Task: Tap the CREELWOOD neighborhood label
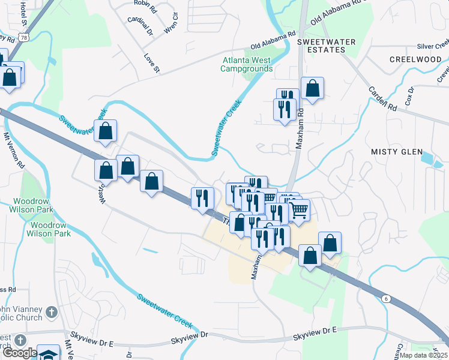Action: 415,59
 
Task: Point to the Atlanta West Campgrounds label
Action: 246,64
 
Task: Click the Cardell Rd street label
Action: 383,99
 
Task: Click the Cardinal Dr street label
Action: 140,24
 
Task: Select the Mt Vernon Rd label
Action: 13,150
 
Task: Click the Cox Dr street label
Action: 411,97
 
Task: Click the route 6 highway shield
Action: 386,298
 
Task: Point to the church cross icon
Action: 52,312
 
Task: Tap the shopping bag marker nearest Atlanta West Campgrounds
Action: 312,88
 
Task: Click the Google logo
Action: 20,352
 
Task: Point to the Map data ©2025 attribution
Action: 424,355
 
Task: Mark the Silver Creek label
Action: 433,46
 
